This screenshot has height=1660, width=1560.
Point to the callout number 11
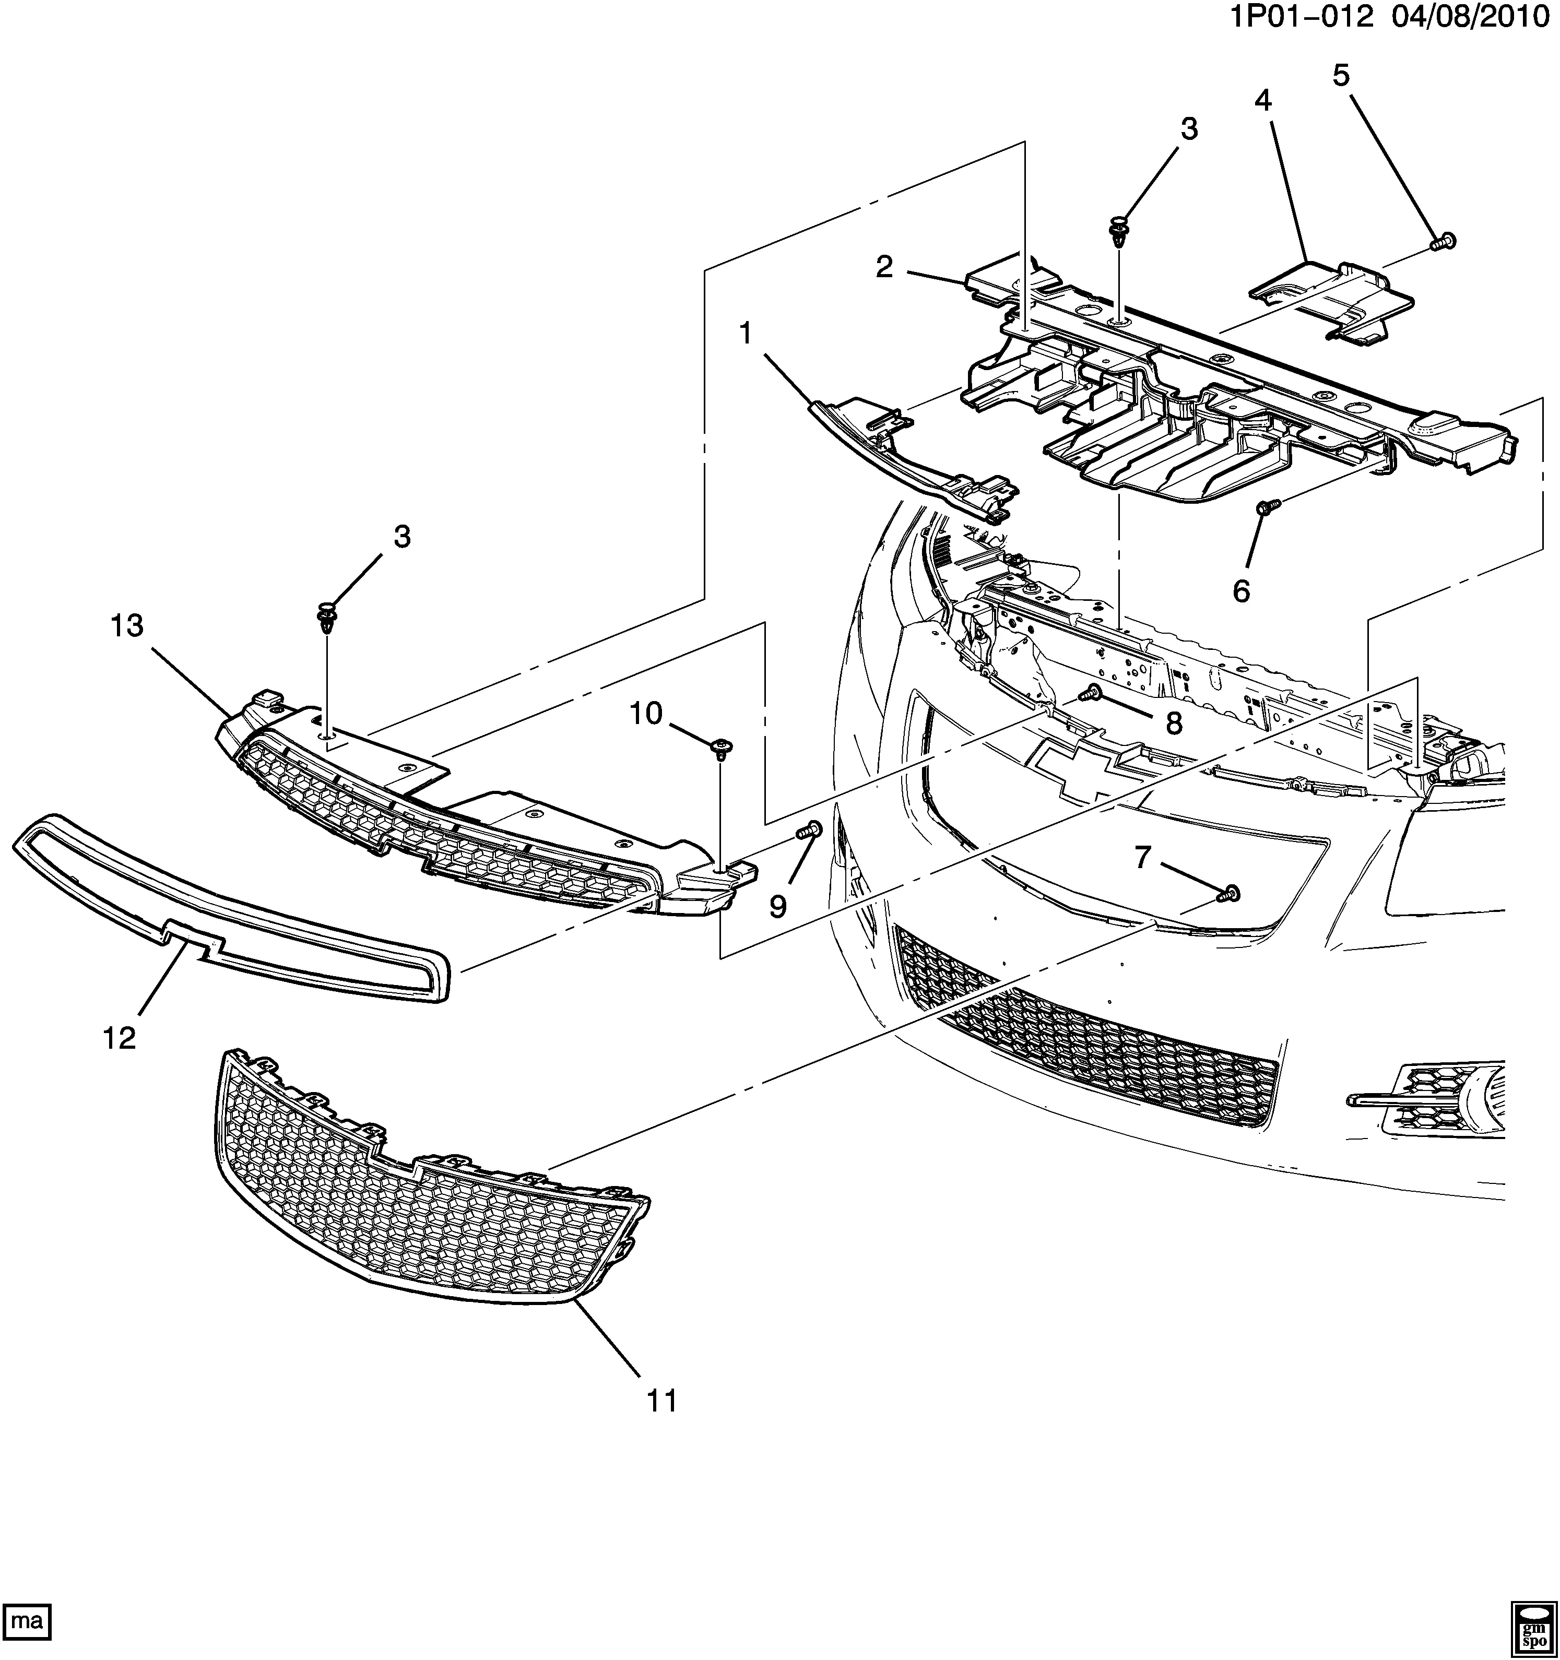(x=661, y=1401)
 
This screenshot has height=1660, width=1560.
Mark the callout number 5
(x=1340, y=76)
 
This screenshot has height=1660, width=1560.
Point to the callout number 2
(x=884, y=267)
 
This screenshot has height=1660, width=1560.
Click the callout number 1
(x=745, y=334)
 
